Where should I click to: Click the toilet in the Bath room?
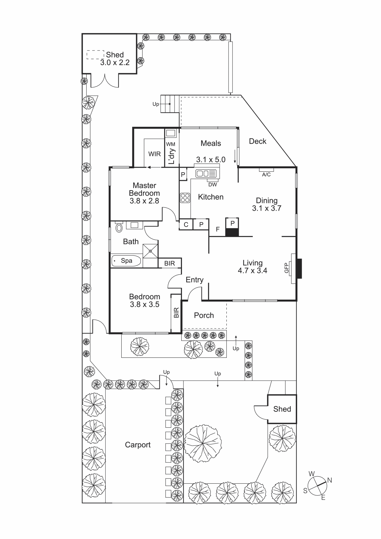[x=119, y=227]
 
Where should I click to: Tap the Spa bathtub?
[x=126, y=261]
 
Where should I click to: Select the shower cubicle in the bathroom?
[x=150, y=251]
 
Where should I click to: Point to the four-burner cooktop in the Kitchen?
[x=185, y=198]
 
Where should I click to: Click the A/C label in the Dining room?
[x=266, y=174]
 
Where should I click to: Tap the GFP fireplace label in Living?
[x=287, y=267]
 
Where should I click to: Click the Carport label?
[x=138, y=445]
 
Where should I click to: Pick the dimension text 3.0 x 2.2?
[x=115, y=62]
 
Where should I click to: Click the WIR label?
[x=154, y=154]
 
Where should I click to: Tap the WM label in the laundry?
[x=171, y=144]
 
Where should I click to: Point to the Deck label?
[x=257, y=141]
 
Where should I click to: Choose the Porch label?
[x=204, y=315]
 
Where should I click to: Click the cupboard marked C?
[x=186, y=225]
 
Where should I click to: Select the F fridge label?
[x=218, y=229]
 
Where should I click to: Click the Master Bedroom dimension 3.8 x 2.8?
[x=144, y=201]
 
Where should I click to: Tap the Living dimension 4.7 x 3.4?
[x=252, y=271]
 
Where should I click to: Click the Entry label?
[x=194, y=280]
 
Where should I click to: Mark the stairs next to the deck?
[x=171, y=104]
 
